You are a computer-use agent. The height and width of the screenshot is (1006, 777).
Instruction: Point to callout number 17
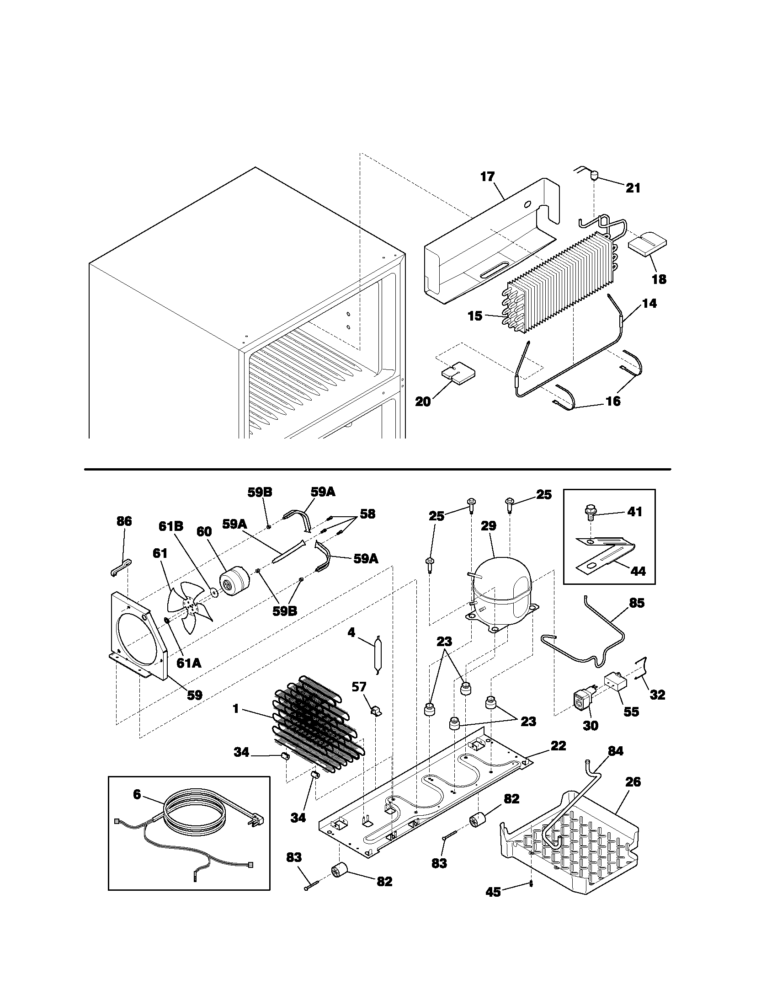coord(487,177)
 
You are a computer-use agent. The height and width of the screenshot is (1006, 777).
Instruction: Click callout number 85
coord(637,604)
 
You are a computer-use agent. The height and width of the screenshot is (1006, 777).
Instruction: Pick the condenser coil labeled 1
coord(318,728)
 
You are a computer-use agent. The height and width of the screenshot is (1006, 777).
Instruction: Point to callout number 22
coord(558,745)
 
